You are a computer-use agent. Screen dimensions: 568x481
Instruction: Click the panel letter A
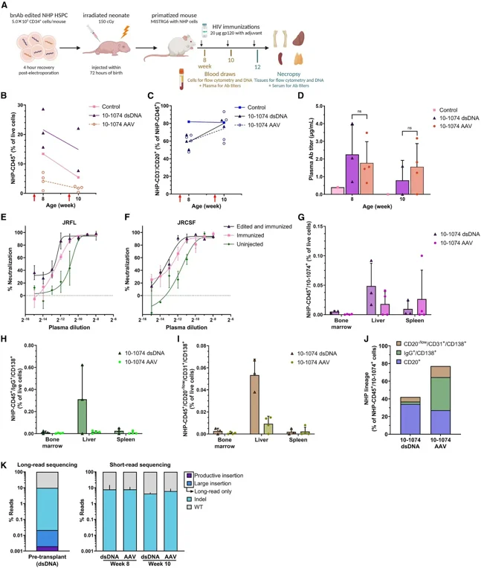pos(5,5)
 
